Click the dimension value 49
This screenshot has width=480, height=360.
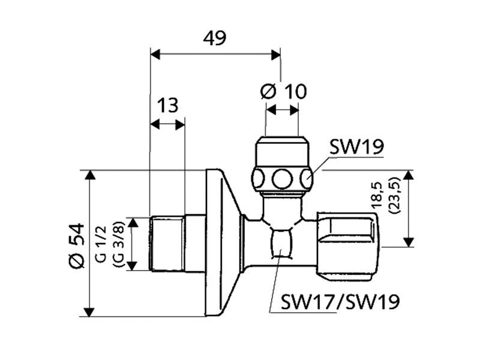pyautogui.click(x=215, y=38)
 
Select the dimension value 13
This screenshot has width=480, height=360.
pyautogui.click(x=168, y=105)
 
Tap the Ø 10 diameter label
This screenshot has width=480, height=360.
pyautogui.click(x=283, y=91)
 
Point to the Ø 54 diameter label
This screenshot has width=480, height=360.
pyautogui.click(x=76, y=246)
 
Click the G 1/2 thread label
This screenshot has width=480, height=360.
pyautogui.click(x=101, y=244)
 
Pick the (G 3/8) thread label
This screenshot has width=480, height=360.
pyautogui.click(x=119, y=244)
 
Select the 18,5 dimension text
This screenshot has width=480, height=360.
pyautogui.click(x=377, y=195)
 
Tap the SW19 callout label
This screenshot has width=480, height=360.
pyautogui.click(x=356, y=147)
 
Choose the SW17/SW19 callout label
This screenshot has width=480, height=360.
pyautogui.click(x=340, y=302)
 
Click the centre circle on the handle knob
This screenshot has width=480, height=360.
pyautogui.click(x=282, y=179)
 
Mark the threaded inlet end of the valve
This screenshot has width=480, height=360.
pyautogui.click(x=167, y=244)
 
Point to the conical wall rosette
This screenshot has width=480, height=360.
pyautogui.click(x=223, y=243)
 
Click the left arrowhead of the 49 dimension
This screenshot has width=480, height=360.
pyautogui.click(x=155, y=55)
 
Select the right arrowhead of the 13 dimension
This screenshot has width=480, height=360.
pyautogui.click(x=180, y=125)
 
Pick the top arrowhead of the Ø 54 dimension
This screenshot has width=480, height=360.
pyautogui.click(x=89, y=175)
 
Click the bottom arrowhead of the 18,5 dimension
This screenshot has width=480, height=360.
pyautogui.click(x=409, y=242)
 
